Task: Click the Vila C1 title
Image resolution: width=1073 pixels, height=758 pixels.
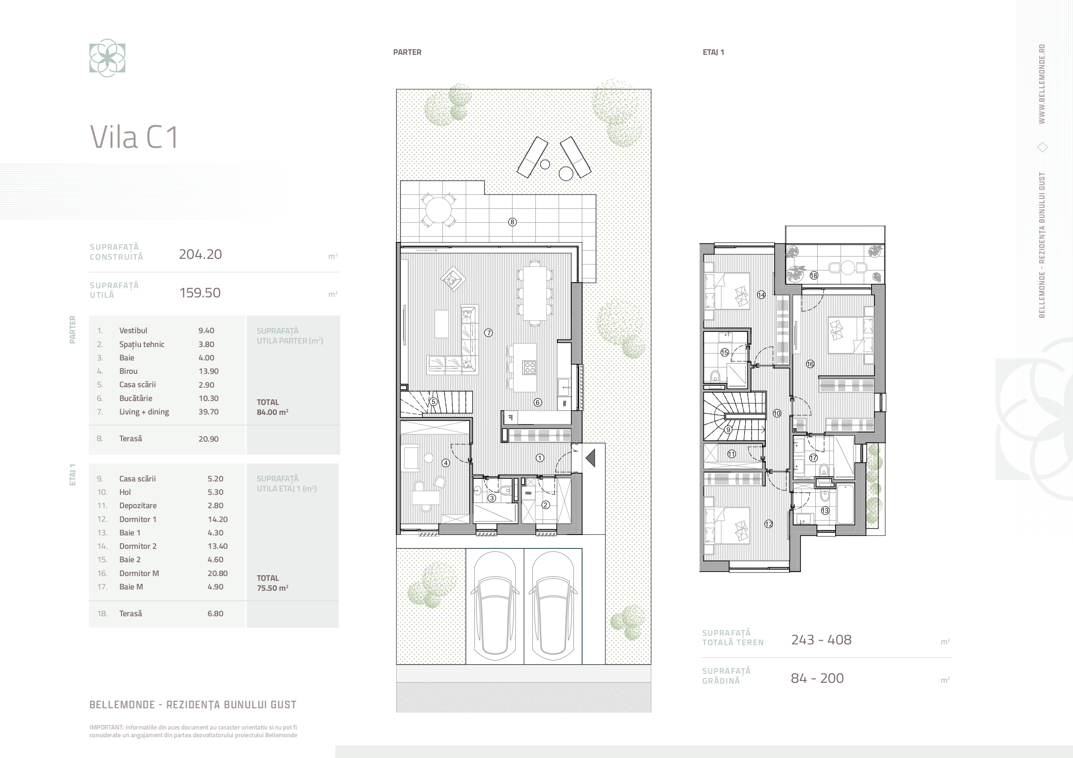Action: point(134,137)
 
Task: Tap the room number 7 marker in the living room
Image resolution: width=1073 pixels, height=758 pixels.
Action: point(488,333)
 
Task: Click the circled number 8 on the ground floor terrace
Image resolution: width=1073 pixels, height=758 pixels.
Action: point(512,222)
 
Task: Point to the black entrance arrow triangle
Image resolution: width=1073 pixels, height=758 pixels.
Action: point(591,458)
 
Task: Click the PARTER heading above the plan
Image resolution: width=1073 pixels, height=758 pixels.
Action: point(407,52)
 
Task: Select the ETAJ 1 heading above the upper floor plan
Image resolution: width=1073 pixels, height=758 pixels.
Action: point(713,52)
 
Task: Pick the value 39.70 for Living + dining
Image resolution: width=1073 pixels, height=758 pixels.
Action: point(208,412)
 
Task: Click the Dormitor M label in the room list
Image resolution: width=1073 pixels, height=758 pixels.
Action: point(139,573)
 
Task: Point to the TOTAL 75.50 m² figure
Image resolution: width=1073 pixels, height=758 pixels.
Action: point(272,583)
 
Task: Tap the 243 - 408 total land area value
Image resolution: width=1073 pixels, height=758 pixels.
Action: point(821,640)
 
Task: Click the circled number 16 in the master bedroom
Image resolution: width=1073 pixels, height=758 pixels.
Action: point(810,364)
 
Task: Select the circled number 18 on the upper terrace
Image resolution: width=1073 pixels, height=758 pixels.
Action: point(814,276)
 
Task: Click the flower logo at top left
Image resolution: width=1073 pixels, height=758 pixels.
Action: point(108,58)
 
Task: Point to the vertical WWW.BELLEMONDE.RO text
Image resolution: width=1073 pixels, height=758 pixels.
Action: point(1042,84)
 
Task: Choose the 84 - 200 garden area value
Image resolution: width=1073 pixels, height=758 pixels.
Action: point(817,678)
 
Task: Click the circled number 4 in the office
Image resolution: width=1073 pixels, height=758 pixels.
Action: point(446,463)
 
